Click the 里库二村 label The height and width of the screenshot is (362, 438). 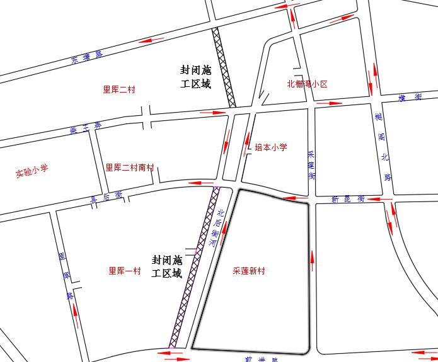point(119,89)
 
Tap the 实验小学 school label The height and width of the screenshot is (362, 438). point(32,173)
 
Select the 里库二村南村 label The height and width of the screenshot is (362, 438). point(130,167)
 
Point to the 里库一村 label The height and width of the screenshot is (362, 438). point(125,271)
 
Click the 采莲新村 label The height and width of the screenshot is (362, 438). point(249,271)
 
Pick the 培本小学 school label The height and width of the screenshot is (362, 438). point(271,147)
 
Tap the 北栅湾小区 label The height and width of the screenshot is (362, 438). point(308,84)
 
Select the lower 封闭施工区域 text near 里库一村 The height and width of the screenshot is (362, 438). point(167,267)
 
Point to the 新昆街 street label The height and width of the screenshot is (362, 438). point(348,199)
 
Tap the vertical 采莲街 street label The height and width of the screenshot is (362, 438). point(311,166)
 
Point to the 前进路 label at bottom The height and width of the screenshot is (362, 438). point(262,359)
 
